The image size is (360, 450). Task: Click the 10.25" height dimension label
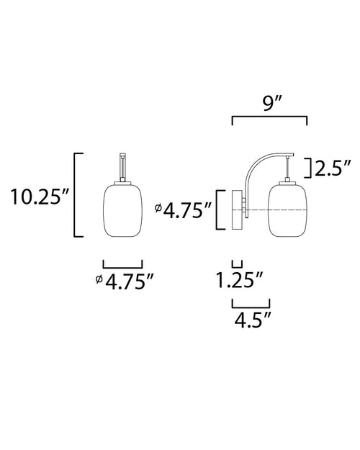tap(40, 197)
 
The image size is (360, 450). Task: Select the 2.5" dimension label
tap(333, 168)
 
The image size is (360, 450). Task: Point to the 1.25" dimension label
tap(239, 280)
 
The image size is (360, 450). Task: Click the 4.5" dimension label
tap(253, 320)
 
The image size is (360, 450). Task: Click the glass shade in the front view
tap(123, 210)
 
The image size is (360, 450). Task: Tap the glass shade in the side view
tap(288, 211)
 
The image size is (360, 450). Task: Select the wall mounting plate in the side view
tap(237, 210)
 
